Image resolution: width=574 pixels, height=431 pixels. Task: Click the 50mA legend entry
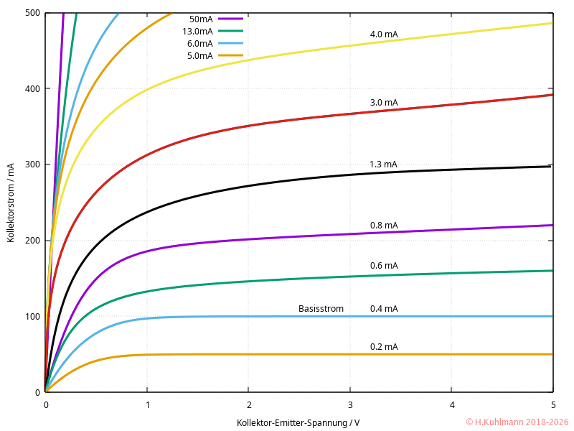point(201,19)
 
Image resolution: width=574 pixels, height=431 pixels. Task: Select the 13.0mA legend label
point(198,31)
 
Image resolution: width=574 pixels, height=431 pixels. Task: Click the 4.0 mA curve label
point(384,34)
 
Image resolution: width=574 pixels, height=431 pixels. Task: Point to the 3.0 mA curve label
point(384,103)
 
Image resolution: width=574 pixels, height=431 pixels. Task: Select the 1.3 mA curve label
point(383,164)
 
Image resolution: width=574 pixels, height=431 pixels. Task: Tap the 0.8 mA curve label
point(384,226)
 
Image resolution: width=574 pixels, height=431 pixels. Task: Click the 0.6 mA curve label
point(384,266)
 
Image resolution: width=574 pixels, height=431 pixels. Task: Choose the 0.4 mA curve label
point(384,309)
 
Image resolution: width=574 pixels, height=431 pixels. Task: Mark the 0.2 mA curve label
point(384,347)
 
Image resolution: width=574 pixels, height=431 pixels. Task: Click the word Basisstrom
point(321,309)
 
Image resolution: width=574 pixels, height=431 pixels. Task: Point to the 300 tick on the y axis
point(32,164)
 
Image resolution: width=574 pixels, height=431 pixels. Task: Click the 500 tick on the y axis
point(32,13)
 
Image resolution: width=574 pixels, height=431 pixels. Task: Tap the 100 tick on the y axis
point(32,316)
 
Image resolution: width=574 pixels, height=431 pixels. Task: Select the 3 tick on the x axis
point(350,404)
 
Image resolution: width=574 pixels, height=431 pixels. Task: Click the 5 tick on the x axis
point(552,404)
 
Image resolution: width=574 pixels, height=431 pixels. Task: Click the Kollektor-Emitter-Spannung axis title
point(298,422)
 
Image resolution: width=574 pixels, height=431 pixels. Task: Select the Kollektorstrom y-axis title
point(11,203)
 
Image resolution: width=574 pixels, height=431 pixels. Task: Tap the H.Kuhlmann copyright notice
point(517,422)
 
